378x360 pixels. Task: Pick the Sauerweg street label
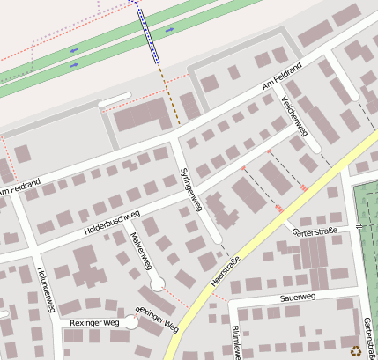coord(297,298)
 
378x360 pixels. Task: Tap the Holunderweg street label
coord(46,291)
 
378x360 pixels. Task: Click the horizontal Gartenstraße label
coord(315,232)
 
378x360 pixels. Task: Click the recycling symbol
coord(355,349)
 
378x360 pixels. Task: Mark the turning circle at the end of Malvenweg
coord(157,284)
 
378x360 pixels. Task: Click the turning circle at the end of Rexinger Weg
coord(130,323)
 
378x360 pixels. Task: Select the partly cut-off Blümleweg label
coord(235,342)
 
